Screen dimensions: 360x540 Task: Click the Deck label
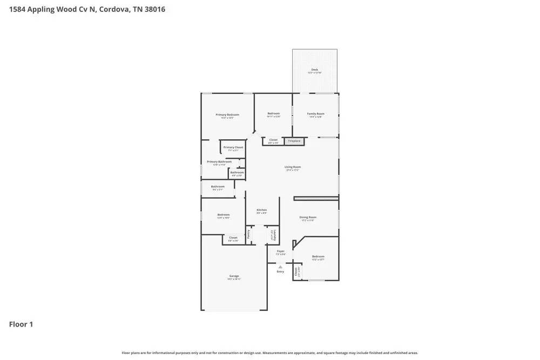pyautogui.click(x=314, y=70)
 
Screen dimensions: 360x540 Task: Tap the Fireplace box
pyautogui.click(x=294, y=141)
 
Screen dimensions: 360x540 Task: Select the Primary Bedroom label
pyautogui.click(x=227, y=115)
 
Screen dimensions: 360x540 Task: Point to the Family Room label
pyautogui.click(x=316, y=114)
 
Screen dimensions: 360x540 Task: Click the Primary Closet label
pyautogui.click(x=233, y=147)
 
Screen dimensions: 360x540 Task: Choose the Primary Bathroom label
pyautogui.click(x=219, y=162)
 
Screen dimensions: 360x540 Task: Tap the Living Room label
pyautogui.click(x=293, y=167)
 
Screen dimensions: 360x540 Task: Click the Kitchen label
pyautogui.click(x=261, y=210)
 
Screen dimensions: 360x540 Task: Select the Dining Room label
pyautogui.click(x=308, y=218)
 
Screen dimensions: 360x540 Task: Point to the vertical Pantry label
pyautogui.click(x=248, y=234)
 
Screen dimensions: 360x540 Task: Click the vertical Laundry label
pyautogui.click(x=274, y=235)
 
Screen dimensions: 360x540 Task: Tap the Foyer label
pyautogui.click(x=280, y=252)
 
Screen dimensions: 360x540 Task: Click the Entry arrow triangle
pyautogui.click(x=280, y=266)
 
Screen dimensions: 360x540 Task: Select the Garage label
pyautogui.click(x=234, y=276)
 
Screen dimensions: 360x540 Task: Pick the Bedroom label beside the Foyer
pyautogui.click(x=318, y=257)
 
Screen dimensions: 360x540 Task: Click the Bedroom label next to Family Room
pyautogui.click(x=273, y=114)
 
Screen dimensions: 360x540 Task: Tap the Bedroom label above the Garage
pyautogui.click(x=224, y=215)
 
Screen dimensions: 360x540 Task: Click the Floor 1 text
pyautogui.click(x=21, y=324)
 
